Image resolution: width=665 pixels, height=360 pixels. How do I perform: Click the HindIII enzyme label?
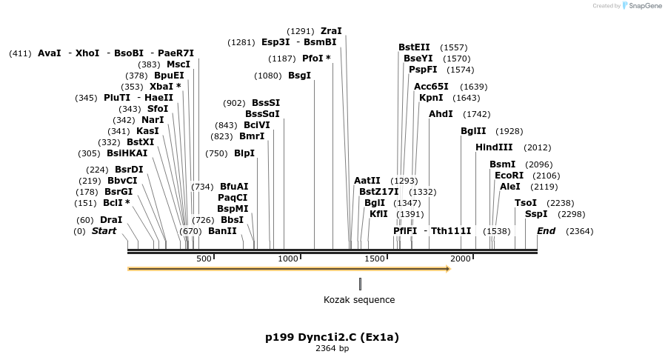coord(494,147)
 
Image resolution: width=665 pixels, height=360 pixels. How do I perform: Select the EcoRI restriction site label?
coord(509,175)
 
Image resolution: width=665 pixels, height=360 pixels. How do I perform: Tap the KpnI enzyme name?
coord(431,97)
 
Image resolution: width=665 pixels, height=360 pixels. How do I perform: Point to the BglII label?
coord(473,130)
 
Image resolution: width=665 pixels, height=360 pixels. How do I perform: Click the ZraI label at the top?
coord(331,31)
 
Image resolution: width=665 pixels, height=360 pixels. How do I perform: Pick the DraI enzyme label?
coord(111,220)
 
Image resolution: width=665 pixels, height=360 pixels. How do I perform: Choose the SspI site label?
coord(536,214)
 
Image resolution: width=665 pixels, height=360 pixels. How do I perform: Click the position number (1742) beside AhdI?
coord(476,114)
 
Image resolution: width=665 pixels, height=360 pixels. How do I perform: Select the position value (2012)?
coord(537,147)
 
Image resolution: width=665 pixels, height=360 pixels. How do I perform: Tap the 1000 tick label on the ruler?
coord(288,259)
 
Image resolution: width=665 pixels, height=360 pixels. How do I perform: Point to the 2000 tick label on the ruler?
coord(461,259)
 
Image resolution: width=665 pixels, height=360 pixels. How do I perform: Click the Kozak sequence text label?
coord(359,300)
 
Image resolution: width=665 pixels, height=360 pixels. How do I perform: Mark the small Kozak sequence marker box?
coord(360,284)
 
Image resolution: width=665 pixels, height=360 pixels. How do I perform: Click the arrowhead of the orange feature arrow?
coord(447,269)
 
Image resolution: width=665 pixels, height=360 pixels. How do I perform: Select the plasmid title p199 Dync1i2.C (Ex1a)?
coord(332,337)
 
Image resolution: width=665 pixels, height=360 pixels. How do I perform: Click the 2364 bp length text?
coord(332,348)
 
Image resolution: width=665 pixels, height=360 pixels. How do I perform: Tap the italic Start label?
coord(104,231)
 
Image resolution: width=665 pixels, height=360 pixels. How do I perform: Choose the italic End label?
coord(546,231)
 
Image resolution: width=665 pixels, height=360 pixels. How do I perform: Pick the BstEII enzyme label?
coord(414,47)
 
